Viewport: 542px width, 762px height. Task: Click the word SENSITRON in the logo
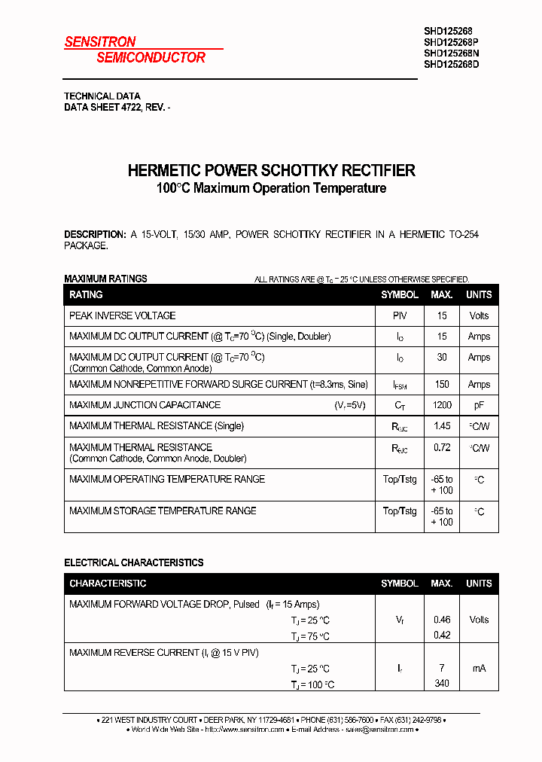[100, 42]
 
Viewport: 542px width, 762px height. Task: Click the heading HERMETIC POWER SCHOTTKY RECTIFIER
[271, 170]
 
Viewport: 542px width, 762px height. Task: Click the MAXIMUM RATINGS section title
[105, 279]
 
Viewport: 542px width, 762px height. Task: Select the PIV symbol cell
[400, 315]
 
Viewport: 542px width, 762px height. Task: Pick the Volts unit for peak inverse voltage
[479, 315]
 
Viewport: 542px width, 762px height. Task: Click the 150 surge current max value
[442, 384]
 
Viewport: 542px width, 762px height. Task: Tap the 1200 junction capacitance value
[442, 405]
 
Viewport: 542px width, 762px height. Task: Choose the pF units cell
[479, 405]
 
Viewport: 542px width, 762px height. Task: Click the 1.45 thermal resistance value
[442, 426]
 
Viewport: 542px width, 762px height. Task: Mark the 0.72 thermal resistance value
[442, 447]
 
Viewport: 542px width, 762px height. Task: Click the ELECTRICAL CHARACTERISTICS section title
[133, 562]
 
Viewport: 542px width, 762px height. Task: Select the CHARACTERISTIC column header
[108, 584]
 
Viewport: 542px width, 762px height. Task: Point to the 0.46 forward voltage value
[442, 620]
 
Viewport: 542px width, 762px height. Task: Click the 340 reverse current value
[442, 684]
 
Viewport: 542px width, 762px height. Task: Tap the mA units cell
[479, 668]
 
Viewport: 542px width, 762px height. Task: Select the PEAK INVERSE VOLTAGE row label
[123, 315]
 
